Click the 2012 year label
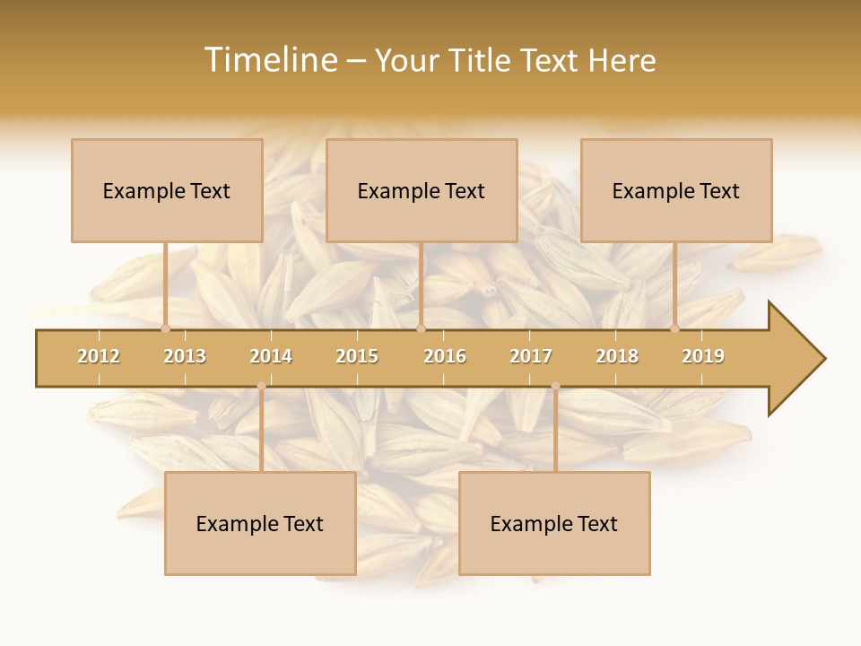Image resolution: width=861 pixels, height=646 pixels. (x=99, y=356)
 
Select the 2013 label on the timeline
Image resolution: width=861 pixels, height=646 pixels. (x=185, y=356)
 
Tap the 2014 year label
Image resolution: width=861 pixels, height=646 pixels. (x=271, y=356)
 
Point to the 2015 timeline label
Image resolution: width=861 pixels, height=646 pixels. (x=357, y=356)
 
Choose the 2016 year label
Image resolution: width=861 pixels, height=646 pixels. (x=445, y=356)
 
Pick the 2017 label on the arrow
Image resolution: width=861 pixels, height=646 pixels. (x=531, y=356)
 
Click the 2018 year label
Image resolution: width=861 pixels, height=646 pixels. (x=617, y=356)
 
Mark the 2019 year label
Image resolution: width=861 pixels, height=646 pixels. (x=703, y=356)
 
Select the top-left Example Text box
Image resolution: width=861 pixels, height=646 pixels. (x=167, y=190)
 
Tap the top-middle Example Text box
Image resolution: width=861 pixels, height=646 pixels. (x=422, y=190)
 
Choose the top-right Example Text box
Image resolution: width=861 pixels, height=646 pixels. (x=676, y=190)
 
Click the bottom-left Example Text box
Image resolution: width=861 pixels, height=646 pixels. (x=260, y=523)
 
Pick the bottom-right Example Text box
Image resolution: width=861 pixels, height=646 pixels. (x=554, y=523)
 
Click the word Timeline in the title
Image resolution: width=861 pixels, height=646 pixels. (x=270, y=60)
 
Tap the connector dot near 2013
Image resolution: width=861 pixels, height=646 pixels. (x=165, y=328)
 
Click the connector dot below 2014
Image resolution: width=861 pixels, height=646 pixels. (x=261, y=386)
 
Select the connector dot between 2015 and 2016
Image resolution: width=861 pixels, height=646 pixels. (x=421, y=328)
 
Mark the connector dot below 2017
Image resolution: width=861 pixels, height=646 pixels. (x=555, y=386)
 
